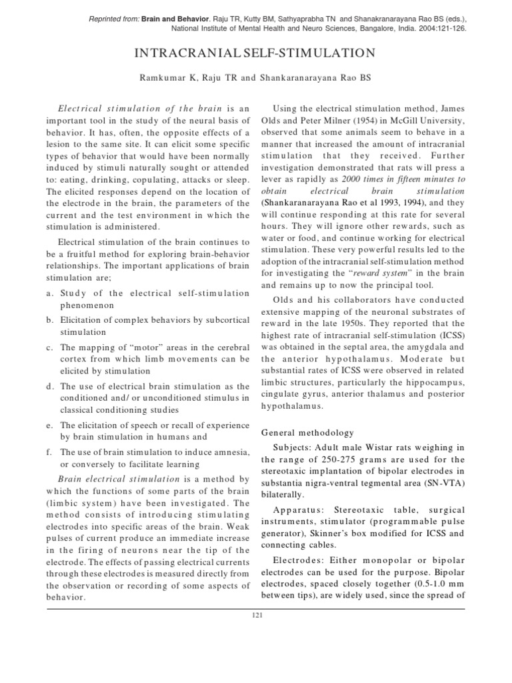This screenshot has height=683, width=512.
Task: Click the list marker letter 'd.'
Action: pyautogui.click(x=50, y=386)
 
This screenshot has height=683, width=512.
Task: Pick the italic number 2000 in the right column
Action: pyautogui.click(x=353, y=181)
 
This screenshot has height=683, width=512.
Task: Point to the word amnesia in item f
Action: pyautogui.click(x=231, y=452)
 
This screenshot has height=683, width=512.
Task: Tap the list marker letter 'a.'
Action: pyautogui.click(x=50, y=292)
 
